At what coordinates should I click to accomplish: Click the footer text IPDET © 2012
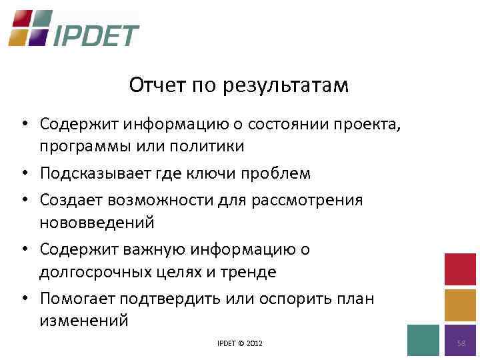tap(240, 343)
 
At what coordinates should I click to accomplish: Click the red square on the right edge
tap(460, 269)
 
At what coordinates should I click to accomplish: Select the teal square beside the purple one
tap(423, 340)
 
